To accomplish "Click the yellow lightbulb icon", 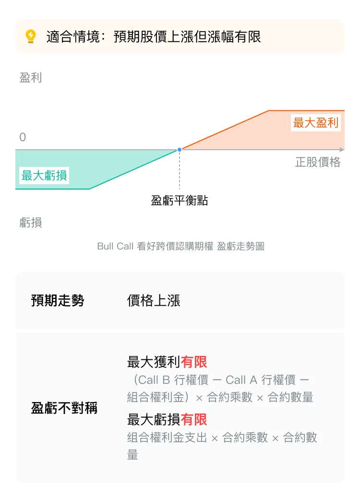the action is point(31,36).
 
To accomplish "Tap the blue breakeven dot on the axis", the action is point(180,150).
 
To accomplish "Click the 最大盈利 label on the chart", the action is point(315,123).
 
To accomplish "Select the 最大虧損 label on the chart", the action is point(44,175).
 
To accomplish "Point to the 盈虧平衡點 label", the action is point(179,201).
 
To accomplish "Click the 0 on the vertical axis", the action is point(23,137).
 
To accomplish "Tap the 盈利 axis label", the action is point(31,78).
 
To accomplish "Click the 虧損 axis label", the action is point(31,222).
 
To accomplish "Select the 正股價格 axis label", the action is point(318,162).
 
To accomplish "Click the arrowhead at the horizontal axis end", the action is point(342,150).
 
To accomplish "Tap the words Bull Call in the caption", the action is point(115,246).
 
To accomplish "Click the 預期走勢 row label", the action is point(58,300).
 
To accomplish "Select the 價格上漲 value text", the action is point(154,300).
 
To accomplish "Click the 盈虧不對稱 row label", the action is point(64,408).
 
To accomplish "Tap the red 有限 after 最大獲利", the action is point(194,362).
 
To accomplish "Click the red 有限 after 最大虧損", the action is point(194,419).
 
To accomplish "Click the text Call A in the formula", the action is point(241,379).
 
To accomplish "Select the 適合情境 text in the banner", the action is point(73,36).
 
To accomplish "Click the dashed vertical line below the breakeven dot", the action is point(180,170).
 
